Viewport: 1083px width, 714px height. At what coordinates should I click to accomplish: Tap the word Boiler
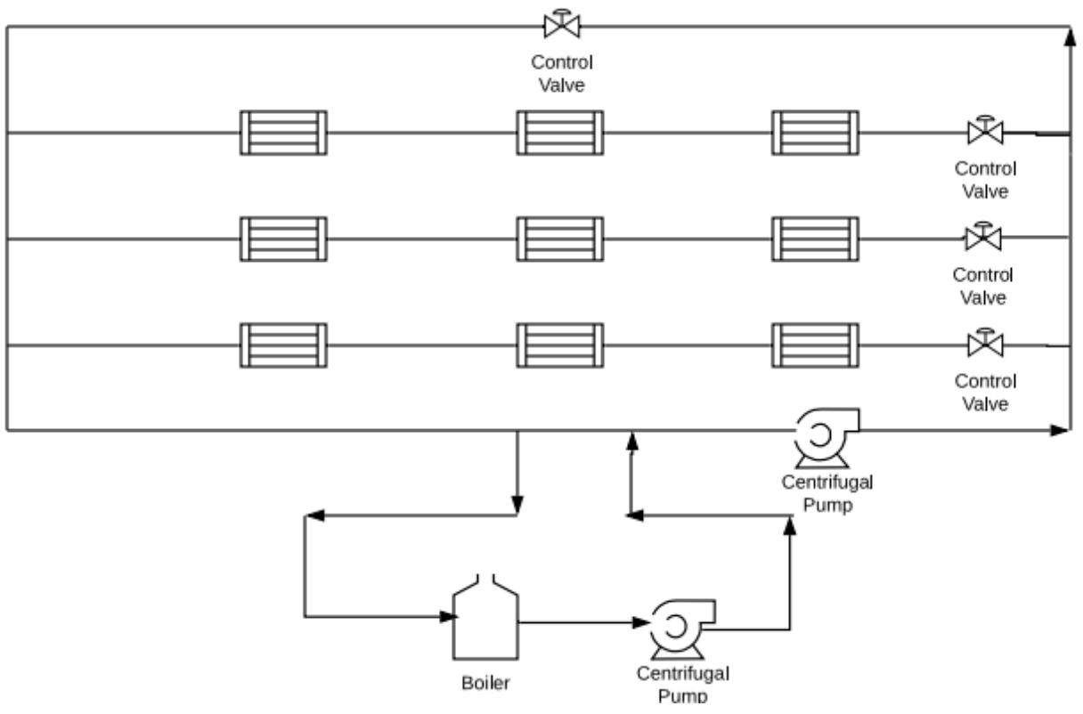click(486, 684)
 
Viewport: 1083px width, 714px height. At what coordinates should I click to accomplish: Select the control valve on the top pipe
click(562, 25)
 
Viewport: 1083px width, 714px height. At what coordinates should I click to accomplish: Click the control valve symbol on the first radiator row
click(984, 132)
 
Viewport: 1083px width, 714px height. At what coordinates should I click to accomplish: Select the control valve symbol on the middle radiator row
click(982, 237)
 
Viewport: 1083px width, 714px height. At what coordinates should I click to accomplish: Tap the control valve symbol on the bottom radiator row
click(983, 343)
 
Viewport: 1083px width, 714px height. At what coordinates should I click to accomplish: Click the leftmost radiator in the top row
click(283, 133)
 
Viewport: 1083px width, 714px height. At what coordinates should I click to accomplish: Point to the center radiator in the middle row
click(559, 239)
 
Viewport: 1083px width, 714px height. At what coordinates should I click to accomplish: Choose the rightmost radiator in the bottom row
click(815, 345)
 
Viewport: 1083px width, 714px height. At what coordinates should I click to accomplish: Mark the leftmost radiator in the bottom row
click(283, 345)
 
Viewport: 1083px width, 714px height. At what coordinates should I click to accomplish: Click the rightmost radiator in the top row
click(815, 133)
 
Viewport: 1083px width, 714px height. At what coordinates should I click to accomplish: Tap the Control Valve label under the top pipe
click(562, 74)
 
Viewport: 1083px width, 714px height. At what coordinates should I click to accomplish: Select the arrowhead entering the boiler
click(448, 615)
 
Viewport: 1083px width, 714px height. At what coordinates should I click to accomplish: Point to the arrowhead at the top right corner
click(1069, 34)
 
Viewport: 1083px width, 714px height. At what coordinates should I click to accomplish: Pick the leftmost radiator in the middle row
click(283, 239)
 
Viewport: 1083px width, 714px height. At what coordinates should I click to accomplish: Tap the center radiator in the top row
click(559, 133)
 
